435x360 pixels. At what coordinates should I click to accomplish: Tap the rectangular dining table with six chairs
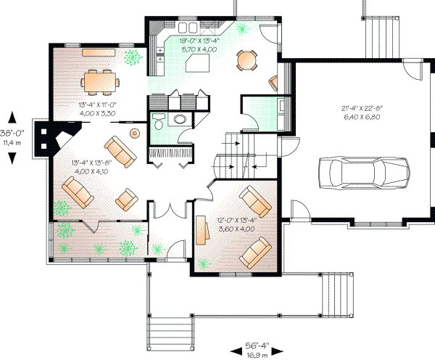point(100,81)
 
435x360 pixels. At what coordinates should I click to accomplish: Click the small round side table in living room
point(134,133)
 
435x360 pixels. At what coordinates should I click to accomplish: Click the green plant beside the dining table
point(132,57)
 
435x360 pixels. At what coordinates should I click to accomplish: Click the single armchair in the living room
point(128,197)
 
